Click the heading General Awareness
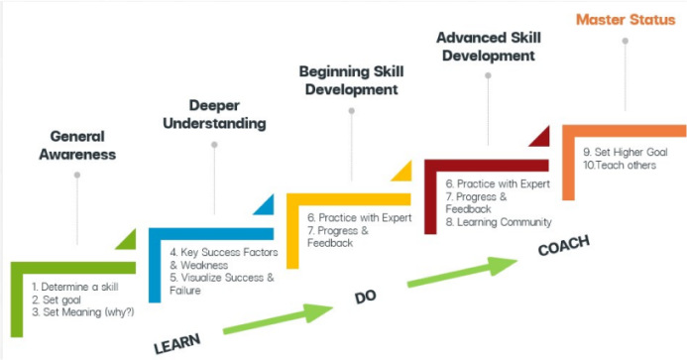pyautogui.click(x=77, y=145)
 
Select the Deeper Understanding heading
pyautogui.click(x=214, y=114)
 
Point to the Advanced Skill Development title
pyautogui.click(x=488, y=47)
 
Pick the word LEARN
pyautogui.click(x=177, y=343)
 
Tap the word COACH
pyautogui.click(x=563, y=247)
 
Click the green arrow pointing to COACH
pyautogui.click(x=462, y=272)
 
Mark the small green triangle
pyautogui.click(x=128, y=239)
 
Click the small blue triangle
pyautogui.click(x=265, y=205)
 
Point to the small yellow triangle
pyautogui.click(x=402, y=172)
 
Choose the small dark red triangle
pyautogui.click(x=540, y=136)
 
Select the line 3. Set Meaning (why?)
pyautogui.click(x=82, y=312)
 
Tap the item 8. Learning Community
pyautogui.click(x=499, y=222)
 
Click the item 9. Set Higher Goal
pyautogui.click(x=626, y=152)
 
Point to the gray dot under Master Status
pyautogui.click(x=626, y=41)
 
